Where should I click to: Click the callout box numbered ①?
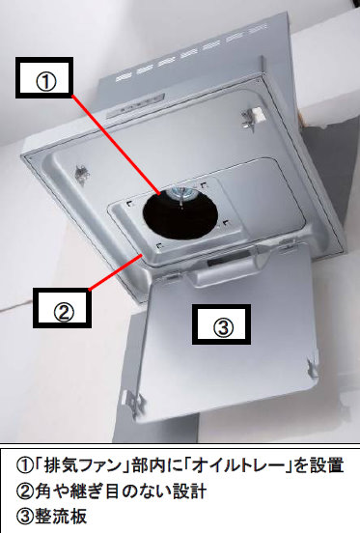click(x=44, y=77)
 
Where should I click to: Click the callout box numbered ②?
click(x=62, y=308)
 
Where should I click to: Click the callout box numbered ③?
click(x=221, y=324)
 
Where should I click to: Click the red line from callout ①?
click(x=116, y=145)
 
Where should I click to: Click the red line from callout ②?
click(x=115, y=272)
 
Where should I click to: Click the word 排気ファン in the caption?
click(x=83, y=465)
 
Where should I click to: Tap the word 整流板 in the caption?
click(x=61, y=517)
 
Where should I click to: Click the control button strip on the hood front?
click(x=135, y=106)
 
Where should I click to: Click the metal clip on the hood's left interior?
click(x=81, y=174)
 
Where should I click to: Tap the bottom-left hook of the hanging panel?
click(x=134, y=403)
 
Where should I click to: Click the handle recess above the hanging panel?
click(x=224, y=263)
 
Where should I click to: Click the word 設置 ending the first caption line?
click(x=327, y=465)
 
